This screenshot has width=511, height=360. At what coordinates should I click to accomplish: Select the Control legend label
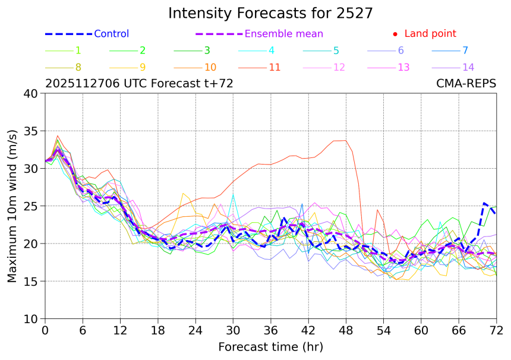[x=111, y=34]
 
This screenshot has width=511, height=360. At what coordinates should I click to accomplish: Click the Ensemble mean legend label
[x=284, y=34]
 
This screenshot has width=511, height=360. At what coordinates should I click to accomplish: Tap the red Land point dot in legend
[x=395, y=34]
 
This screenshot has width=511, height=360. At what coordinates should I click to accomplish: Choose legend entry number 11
[x=275, y=67]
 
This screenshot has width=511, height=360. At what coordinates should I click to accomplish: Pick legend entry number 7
[x=465, y=50]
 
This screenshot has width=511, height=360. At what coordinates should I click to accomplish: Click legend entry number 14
[x=468, y=67]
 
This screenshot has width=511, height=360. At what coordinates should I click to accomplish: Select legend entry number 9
[x=143, y=67]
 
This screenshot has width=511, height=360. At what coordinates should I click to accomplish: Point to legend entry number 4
[x=271, y=50]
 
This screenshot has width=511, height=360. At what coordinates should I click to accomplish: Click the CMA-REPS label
[x=466, y=84]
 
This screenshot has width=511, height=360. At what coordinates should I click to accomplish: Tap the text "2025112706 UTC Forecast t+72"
[x=139, y=84]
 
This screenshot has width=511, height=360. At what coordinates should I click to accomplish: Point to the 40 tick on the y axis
[x=30, y=93]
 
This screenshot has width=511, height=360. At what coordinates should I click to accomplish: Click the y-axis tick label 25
[x=30, y=206]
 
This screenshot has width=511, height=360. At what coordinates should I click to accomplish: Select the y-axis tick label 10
[x=30, y=319]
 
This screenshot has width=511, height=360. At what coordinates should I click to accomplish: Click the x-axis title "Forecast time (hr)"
[x=270, y=346]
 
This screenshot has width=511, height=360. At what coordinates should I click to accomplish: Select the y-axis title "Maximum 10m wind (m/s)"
[x=12, y=206]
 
